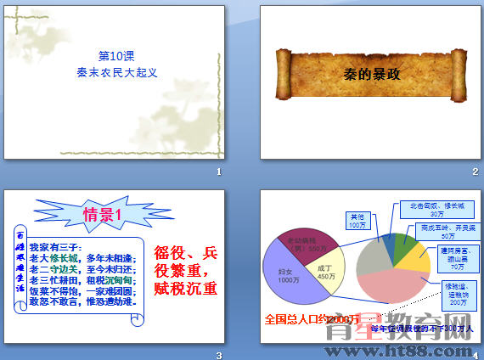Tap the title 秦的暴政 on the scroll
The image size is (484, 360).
point(370,73)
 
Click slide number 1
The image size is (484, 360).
point(219,172)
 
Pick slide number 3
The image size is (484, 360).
point(219,354)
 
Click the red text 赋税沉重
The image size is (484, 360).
point(186,288)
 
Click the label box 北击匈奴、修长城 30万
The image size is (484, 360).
point(431,209)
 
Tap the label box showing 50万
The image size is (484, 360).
point(442,232)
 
